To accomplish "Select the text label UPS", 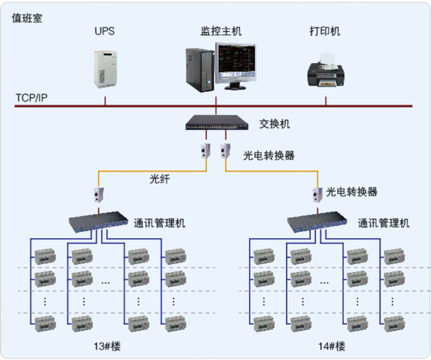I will coord(105,32).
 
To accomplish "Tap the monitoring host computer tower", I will coord(198,70).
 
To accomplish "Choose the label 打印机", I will coord(325,32).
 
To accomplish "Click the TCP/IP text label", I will coord(31,97).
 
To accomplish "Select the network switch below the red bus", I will coord(217,123).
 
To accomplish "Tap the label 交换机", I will coord(274,124).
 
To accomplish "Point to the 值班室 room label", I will coord(27,18).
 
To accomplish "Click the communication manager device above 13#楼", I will coord(99,221).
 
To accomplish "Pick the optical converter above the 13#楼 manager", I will coord(99,193).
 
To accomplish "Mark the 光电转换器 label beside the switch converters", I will coord(269,156).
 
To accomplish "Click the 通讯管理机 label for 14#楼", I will coord(383,223).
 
